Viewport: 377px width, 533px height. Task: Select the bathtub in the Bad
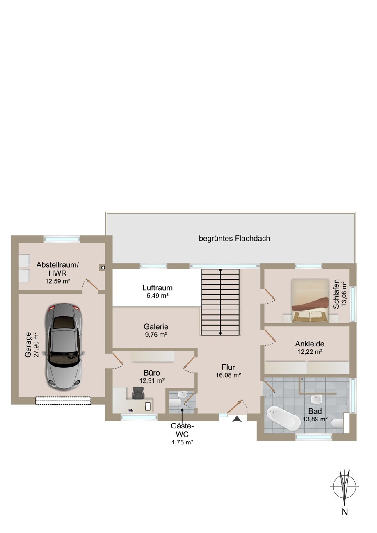pos(283,418)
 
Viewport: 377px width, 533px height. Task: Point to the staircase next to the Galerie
pos(220,302)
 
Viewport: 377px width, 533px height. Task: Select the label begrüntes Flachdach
pos(234,239)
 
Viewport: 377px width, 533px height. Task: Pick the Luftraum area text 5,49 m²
pos(157,296)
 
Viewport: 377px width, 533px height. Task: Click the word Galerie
pos(156,326)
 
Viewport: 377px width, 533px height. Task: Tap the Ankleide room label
pos(310,344)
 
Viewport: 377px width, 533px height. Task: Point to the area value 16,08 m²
pos(228,375)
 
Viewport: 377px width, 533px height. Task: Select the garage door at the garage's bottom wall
pos(63,401)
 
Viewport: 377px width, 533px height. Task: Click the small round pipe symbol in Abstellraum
pos(103,268)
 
